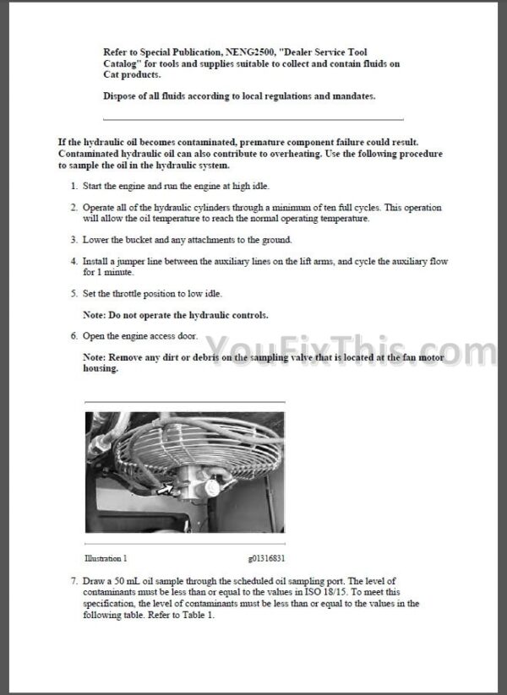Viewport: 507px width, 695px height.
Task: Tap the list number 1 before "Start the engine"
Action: click(74, 185)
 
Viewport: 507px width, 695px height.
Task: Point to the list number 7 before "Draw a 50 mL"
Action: click(74, 582)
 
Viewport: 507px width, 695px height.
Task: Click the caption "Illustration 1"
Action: click(106, 558)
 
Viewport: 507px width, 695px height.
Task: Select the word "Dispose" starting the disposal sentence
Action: click(121, 96)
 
